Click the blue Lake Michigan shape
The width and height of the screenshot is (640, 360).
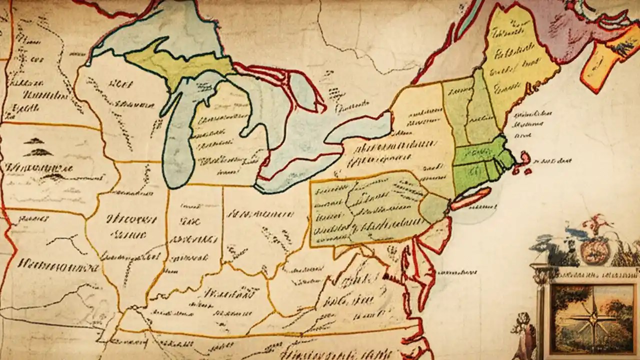point(177,150)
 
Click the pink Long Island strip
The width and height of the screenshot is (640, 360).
point(470,199)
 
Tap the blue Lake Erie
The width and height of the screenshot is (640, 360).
point(295,170)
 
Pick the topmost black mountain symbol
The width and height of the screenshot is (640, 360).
point(34,141)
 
